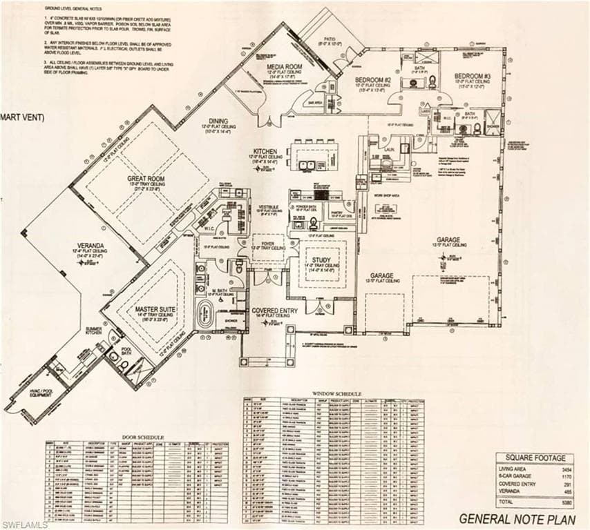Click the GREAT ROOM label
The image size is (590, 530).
(x=144, y=178)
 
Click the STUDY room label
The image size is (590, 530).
(x=321, y=260)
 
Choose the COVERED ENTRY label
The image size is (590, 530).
(x=274, y=311)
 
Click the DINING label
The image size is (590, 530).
(x=218, y=119)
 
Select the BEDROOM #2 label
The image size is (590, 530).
(x=374, y=80)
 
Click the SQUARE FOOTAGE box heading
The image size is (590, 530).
(x=535, y=458)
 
